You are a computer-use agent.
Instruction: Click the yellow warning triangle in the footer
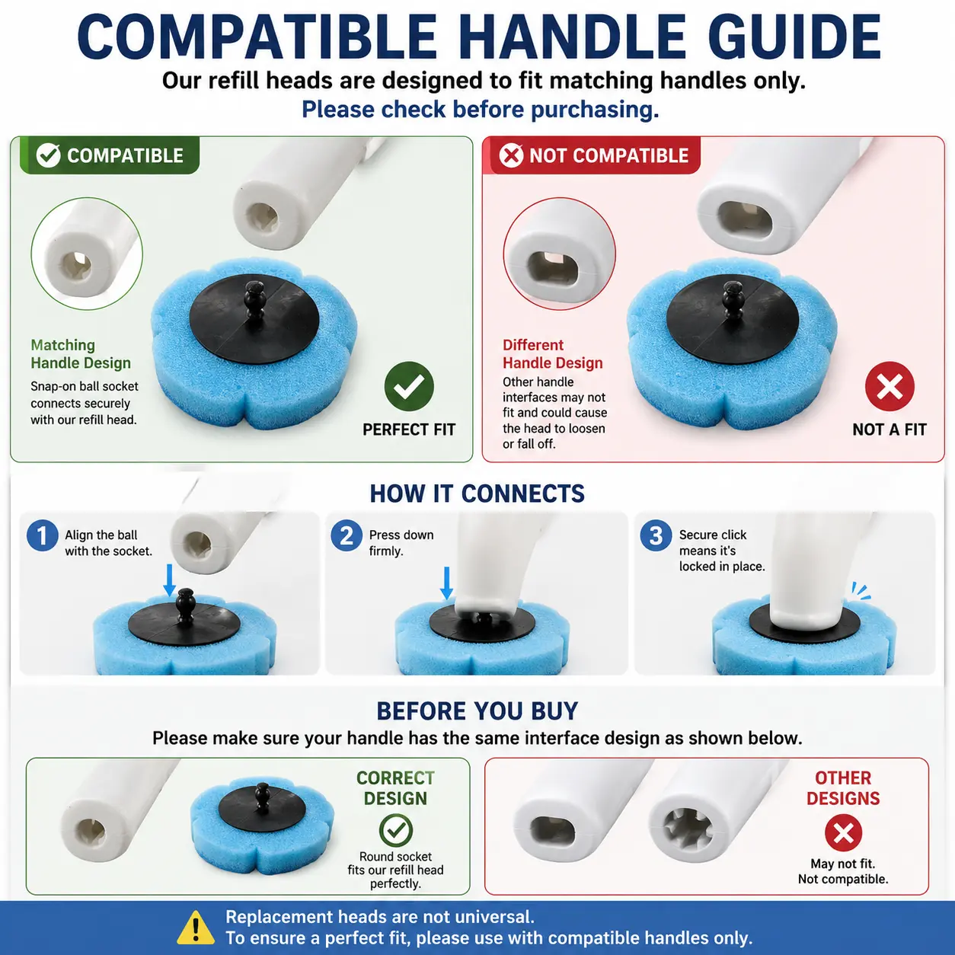tap(196, 928)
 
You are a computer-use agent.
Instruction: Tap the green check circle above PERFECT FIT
tap(409, 387)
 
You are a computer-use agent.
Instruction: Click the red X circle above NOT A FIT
tap(890, 387)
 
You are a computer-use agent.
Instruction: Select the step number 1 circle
tap(42, 535)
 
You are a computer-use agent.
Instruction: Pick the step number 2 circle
tap(347, 535)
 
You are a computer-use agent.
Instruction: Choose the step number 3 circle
tap(656, 535)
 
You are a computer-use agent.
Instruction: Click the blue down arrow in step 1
tap(170, 580)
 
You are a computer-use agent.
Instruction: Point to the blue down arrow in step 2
tap(446, 583)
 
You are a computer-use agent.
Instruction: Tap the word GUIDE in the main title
tap(795, 37)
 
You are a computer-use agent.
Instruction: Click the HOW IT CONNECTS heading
tap(477, 493)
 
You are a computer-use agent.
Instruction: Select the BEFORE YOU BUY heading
tap(477, 711)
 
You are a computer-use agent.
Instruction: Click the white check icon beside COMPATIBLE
tap(49, 155)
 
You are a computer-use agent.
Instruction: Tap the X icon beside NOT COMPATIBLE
tap(511, 155)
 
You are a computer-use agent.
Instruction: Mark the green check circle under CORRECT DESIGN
tap(395, 831)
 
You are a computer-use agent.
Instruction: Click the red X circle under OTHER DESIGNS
tap(843, 833)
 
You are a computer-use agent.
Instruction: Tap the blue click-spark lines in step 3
tap(861, 591)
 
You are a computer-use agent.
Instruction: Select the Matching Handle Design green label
tap(81, 354)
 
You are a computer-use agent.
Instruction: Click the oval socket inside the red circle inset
tap(553, 267)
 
